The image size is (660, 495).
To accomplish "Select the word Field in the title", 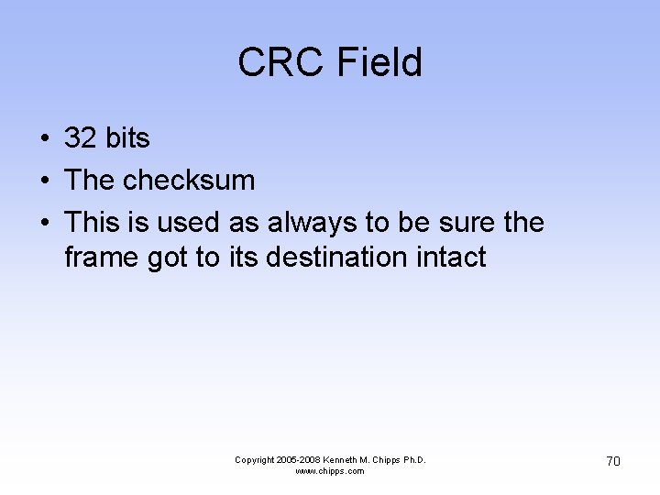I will click(379, 63).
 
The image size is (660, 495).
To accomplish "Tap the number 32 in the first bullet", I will click(81, 138).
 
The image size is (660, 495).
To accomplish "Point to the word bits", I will click(127, 138).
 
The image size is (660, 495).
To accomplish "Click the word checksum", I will click(189, 181).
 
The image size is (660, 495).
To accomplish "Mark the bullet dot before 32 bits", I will click(44, 139).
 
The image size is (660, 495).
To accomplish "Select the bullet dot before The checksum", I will click(44, 181).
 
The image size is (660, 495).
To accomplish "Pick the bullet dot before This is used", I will click(44, 224).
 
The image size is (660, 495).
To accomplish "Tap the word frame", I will click(102, 258).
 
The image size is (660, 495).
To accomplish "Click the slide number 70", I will click(613, 461).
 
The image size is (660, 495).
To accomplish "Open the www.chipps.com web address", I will click(330, 471).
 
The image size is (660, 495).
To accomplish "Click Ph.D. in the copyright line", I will click(413, 460).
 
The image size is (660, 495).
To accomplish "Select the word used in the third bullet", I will click(185, 223).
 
